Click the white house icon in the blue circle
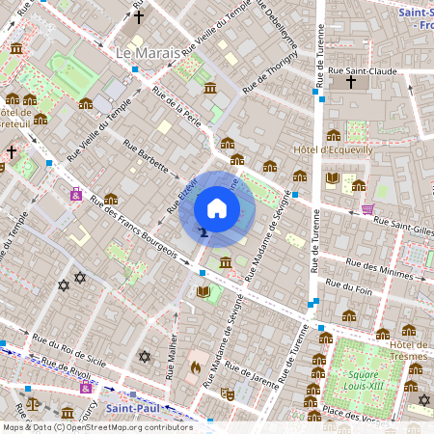(x=217, y=208)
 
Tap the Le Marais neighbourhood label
(x=149, y=50)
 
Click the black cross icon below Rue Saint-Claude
(x=350, y=83)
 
